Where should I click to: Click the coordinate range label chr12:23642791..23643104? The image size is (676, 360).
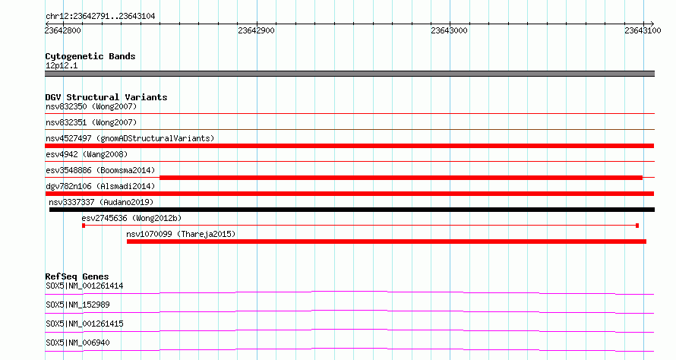point(100,17)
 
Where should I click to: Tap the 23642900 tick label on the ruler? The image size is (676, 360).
point(256,30)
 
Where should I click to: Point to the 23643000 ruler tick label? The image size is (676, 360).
point(449,30)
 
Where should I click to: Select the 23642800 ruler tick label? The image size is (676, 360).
point(62,30)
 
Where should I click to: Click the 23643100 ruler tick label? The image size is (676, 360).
point(643,30)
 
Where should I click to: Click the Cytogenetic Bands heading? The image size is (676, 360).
point(90,56)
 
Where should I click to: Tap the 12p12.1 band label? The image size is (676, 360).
point(62,65)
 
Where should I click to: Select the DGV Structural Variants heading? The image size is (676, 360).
point(106,97)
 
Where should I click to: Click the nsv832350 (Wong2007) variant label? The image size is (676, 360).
point(91,106)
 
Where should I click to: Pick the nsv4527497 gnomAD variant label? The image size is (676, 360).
point(130,138)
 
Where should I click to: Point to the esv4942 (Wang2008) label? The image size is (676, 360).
point(87,154)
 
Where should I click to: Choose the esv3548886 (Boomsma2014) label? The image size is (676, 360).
point(100,170)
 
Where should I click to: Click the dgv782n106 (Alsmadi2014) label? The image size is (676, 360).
point(100,186)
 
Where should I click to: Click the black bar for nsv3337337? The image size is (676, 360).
point(352,210)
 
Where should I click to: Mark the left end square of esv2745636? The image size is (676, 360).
point(84,226)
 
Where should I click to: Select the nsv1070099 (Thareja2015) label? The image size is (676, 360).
point(181,234)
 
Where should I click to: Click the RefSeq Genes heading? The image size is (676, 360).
point(77,276)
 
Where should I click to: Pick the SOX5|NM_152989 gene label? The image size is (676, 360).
point(77,305)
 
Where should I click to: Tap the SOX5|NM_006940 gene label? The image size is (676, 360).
point(77,343)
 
